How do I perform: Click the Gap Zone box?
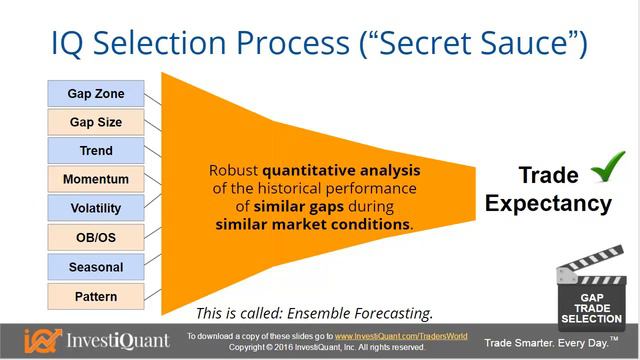pyautogui.click(x=95, y=93)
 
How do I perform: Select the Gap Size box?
pyautogui.click(x=95, y=122)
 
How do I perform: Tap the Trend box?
pyautogui.click(x=95, y=151)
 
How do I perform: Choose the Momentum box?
pyautogui.click(x=95, y=180)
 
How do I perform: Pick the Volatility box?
pyautogui.click(x=95, y=209)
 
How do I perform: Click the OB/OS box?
pyautogui.click(x=95, y=238)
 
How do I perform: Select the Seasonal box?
pyautogui.click(x=95, y=267)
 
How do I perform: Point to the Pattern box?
pyautogui.click(x=95, y=296)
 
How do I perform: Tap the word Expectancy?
pyautogui.click(x=548, y=203)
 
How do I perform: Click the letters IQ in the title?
pyautogui.click(x=73, y=42)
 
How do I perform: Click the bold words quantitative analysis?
pyautogui.click(x=341, y=170)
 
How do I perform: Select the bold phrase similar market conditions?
pyautogui.click(x=313, y=225)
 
